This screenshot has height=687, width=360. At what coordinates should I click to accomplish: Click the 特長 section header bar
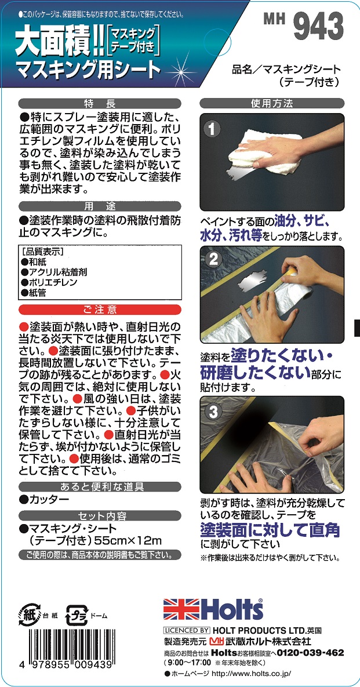[99, 104]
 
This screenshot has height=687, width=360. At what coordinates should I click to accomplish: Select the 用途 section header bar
[99, 206]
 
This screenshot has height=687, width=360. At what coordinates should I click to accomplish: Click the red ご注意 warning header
[99, 310]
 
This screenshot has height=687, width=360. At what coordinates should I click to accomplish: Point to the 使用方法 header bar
[272, 104]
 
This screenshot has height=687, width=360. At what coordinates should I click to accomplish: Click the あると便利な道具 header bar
[99, 486]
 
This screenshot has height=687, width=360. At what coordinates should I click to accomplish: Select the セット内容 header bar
[99, 515]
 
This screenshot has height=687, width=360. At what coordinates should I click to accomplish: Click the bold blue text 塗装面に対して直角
[270, 530]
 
